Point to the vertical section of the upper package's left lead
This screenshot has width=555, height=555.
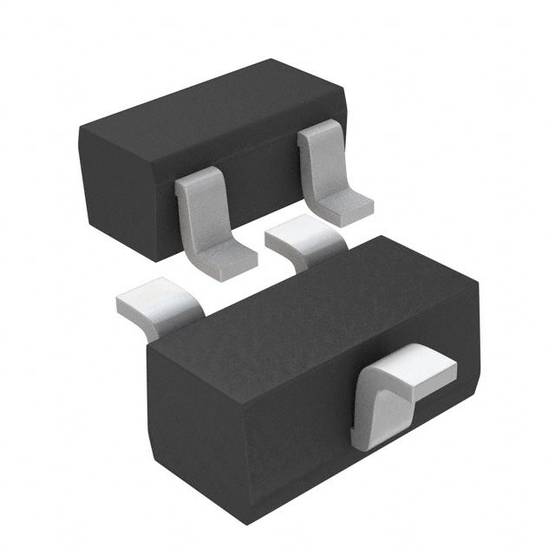pyautogui.click(x=193, y=212)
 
